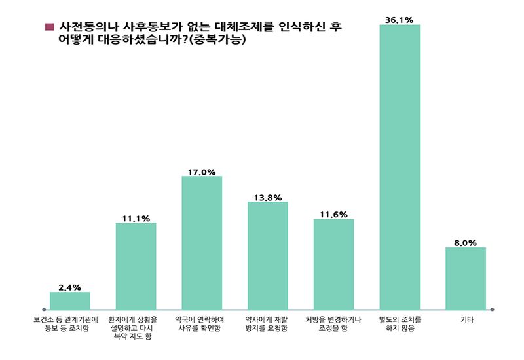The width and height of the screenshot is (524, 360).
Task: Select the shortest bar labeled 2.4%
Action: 69,300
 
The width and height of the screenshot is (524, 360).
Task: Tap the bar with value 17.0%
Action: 202,242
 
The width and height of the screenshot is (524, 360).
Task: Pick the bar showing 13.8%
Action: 267,255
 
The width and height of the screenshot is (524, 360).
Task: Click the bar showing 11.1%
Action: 136,266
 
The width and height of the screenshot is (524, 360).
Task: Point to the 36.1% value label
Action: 400,20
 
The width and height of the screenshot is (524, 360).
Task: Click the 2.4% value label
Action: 69,287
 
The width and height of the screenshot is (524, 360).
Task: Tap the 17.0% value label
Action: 202,171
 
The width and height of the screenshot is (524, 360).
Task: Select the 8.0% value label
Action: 466,242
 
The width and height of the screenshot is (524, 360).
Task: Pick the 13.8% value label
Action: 267,197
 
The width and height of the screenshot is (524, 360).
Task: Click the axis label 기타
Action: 466,320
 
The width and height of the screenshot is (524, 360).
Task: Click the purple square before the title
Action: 48,27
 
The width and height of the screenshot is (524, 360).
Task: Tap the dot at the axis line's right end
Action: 492,310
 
